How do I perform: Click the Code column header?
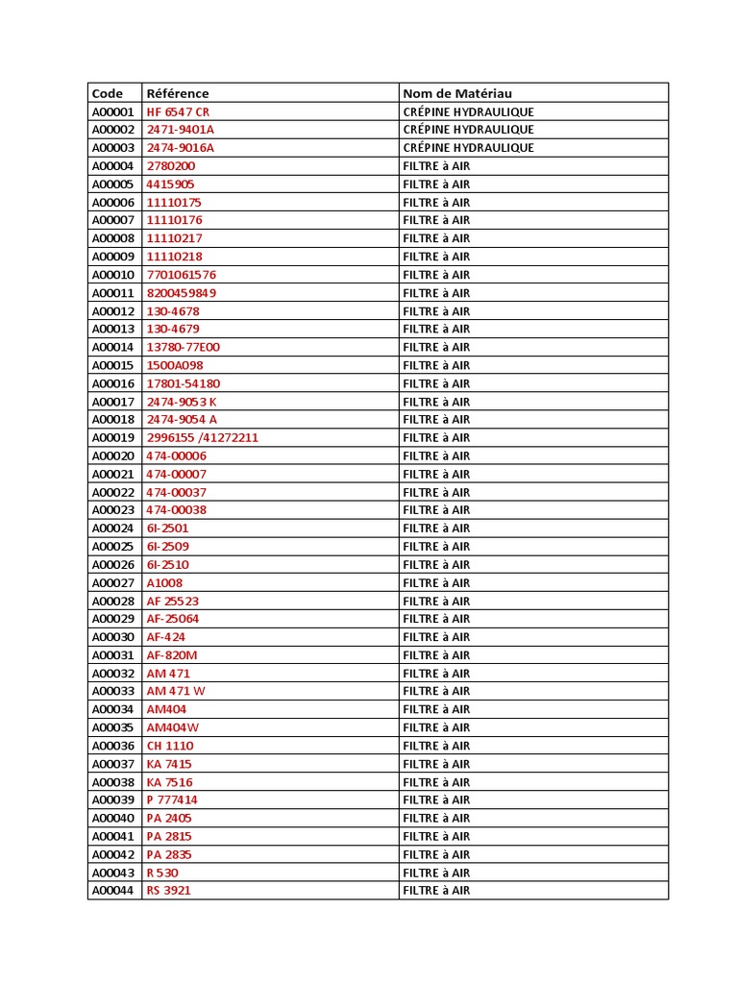click(108, 93)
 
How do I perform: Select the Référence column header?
click(177, 93)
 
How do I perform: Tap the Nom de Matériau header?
click(457, 93)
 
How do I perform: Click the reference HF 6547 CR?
click(177, 111)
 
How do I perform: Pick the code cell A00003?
click(113, 148)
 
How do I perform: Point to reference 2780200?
click(170, 166)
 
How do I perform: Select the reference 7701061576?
click(181, 275)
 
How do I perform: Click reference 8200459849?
click(181, 293)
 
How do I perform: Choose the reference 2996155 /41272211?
click(202, 438)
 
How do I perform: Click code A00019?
click(113, 438)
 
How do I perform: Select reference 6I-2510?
click(167, 565)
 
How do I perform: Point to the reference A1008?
click(164, 583)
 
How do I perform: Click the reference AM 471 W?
click(175, 691)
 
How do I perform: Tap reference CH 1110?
click(169, 746)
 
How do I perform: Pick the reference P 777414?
click(172, 799)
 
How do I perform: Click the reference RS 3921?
click(168, 891)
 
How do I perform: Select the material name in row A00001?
click(468, 111)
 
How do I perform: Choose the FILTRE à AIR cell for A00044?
click(436, 891)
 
